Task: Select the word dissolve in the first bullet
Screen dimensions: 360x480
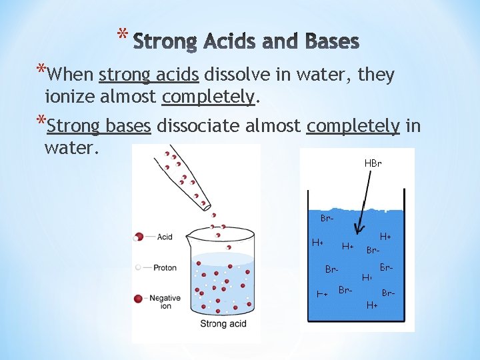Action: [x=237, y=75]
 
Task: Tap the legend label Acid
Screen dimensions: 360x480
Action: [x=165, y=237]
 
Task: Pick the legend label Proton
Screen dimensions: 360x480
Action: [x=165, y=267]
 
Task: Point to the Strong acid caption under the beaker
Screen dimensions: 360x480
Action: [x=223, y=324]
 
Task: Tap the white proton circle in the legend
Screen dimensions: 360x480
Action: [x=138, y=267]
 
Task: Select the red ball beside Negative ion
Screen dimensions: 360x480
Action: [x=139, y=299]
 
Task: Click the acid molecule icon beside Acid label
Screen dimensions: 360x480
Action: [x=139, y=237]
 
